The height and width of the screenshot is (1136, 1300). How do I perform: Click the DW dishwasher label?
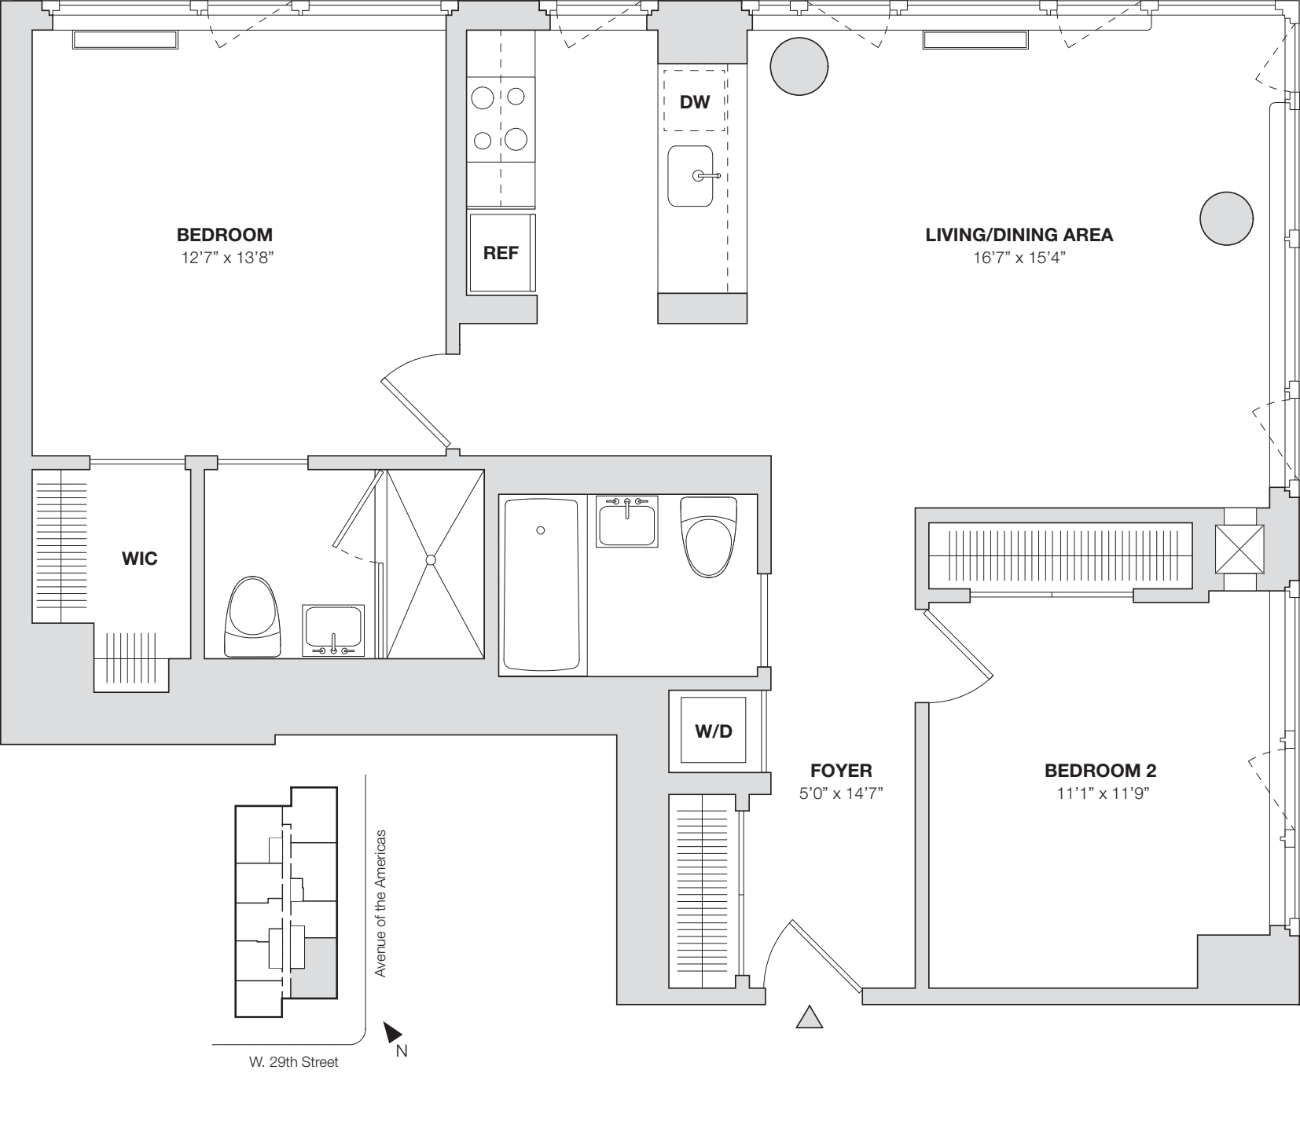(694, 101)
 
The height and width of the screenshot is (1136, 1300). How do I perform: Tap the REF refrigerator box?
(501, 253)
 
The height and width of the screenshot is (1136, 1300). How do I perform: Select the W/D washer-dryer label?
(714, 731)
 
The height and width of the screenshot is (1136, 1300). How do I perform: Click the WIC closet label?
(140, 559)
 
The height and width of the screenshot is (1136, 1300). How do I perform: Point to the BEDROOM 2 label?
(1100, 771)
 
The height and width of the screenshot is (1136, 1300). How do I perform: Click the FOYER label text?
(841, 771)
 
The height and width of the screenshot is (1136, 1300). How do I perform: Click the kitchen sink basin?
(690, 176)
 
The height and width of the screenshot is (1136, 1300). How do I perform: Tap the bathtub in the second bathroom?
(542, 584)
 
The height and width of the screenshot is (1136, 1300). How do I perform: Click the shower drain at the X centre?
(430, 559)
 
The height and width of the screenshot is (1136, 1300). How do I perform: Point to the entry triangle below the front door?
(810, 1018)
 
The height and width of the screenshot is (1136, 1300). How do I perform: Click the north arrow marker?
(393, 1033)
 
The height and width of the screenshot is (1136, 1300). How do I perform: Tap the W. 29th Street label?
(293, 1062)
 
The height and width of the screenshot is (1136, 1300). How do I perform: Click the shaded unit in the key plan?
(320, 966)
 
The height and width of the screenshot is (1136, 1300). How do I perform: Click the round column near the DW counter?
(799, 66)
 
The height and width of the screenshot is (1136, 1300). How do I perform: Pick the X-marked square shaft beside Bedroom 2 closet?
(1239, 549)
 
